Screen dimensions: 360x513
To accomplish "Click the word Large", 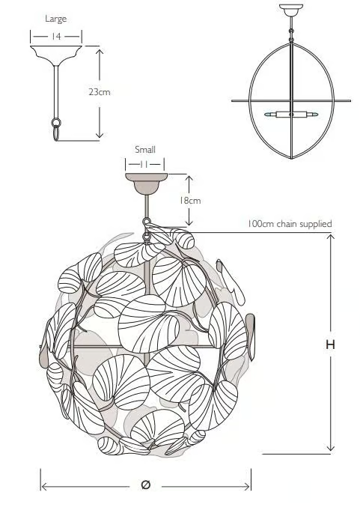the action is (x=56, y=19).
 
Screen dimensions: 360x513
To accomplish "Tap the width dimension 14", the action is (x=56, y=36).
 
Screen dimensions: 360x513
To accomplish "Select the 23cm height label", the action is (x=100, y=92).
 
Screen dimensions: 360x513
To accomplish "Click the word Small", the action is (x=145, y=150).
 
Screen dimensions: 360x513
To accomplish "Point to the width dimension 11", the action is (x=144, y=164).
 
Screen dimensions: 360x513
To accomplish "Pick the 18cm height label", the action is (x=189, y=200).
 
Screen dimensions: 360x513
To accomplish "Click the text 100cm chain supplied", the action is (x=290, y=224).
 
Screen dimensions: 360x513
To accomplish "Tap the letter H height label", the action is (x=330, y=344).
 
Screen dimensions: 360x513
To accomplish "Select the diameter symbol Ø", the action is (x=145, y=485).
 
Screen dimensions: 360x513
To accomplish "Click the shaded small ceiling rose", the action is (x=146, y=183).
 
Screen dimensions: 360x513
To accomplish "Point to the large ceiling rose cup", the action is (x=56, y=54).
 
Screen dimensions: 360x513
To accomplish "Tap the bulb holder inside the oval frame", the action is (x=291, y=115).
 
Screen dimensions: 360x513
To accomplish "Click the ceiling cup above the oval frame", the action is (x=291, y=10).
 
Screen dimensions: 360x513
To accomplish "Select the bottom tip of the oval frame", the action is (x=291, y=159).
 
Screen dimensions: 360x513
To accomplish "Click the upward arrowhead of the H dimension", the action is (x=331, y=237).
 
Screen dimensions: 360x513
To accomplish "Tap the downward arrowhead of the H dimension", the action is (x=331, y=448).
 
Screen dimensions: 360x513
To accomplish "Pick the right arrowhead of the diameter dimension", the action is (x=247, y=487).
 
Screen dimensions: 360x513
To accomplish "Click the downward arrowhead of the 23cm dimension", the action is (x=100, y=135).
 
